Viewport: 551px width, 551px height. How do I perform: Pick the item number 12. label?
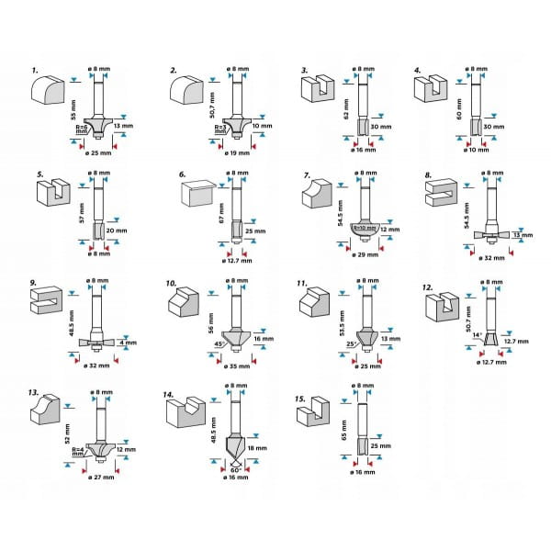[426, 287]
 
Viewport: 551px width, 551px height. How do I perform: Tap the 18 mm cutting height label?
[257, 448]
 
